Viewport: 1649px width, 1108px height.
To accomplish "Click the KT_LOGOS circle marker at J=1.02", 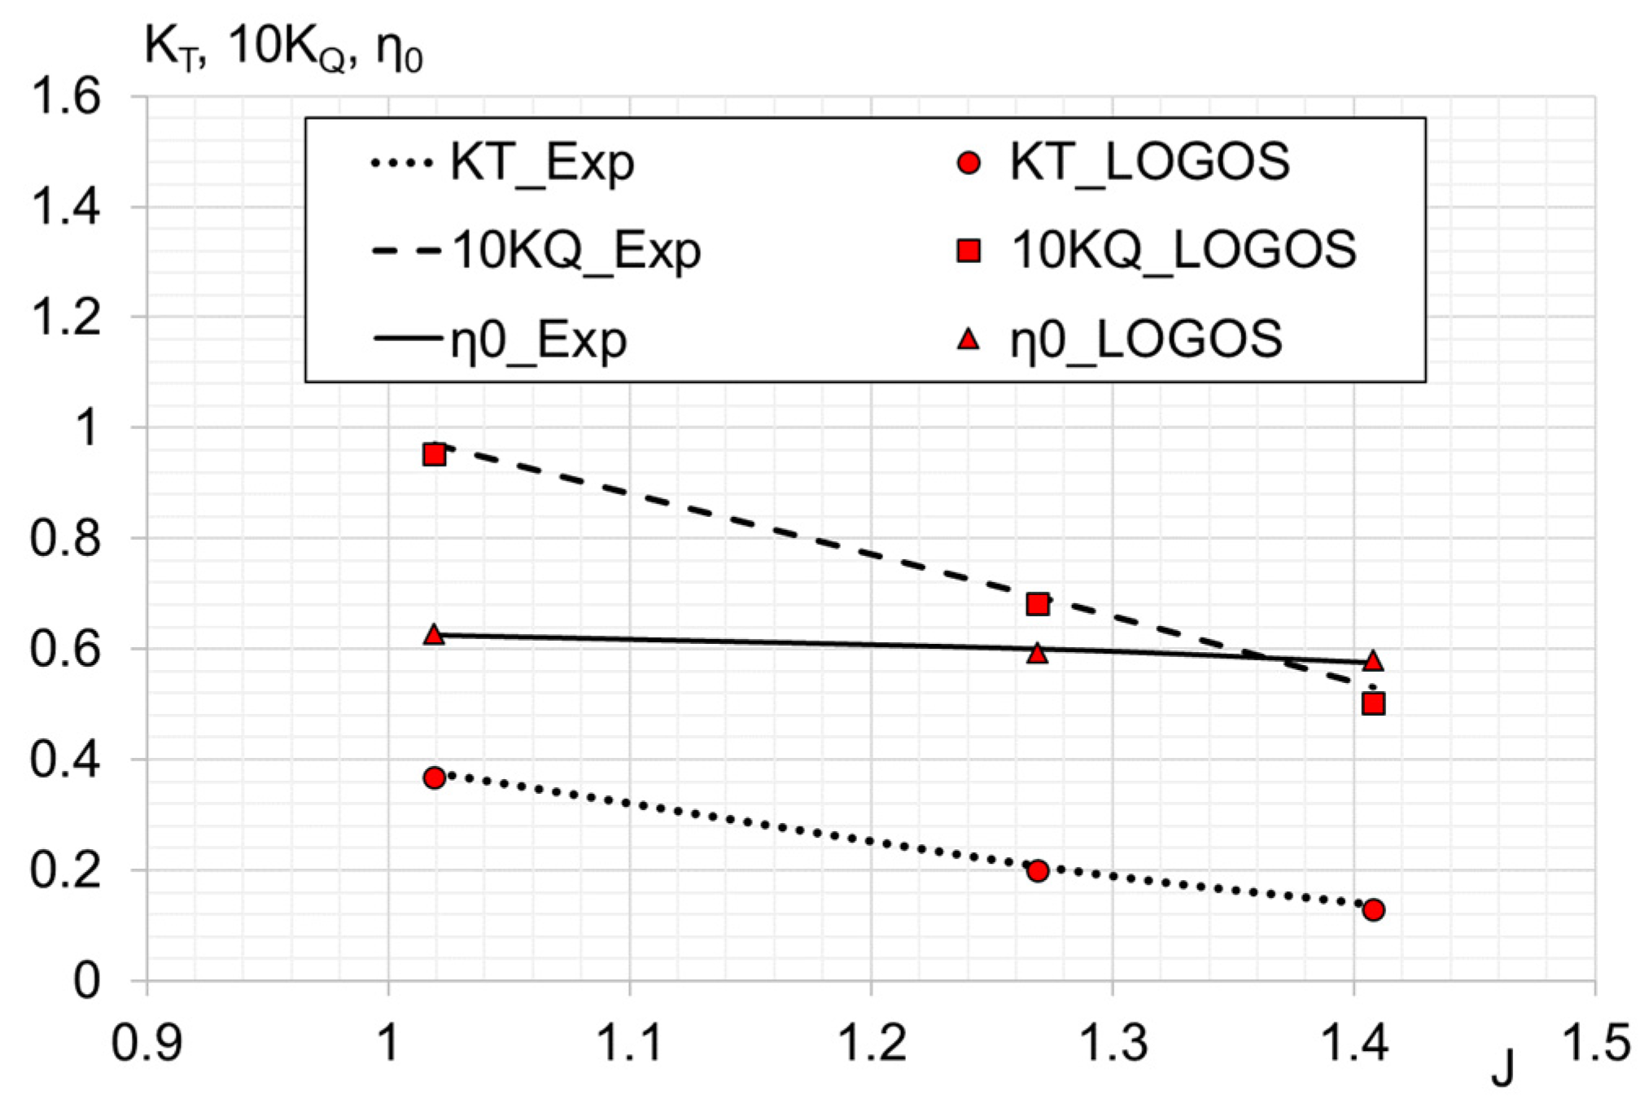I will (434, 777).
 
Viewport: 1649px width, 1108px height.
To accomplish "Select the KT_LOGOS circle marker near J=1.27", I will (1037, 870).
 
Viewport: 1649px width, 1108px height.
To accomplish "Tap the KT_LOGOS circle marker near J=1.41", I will (1373, 909).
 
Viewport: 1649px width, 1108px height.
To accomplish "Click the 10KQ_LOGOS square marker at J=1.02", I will (434, 454).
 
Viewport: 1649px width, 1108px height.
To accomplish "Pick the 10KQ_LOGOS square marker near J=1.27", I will (1037, 604).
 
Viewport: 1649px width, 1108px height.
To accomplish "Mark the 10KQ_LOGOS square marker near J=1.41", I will (1373, 703).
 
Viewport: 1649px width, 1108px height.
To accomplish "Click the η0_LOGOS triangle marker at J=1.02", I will (434, 635).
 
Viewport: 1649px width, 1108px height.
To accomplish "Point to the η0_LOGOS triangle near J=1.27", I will (1037, 653).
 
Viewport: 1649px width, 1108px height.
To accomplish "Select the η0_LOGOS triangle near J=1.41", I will (1373, 661).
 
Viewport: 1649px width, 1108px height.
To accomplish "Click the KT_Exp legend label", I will (542, 162).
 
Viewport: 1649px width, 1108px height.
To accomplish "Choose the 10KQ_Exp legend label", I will (576, 250).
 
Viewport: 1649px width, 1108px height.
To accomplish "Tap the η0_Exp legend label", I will (538, 339).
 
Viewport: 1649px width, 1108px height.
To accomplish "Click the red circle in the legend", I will (968, 163).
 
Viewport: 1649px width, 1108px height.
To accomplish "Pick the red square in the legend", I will (968, 250).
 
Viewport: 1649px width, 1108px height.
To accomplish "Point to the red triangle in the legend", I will (968, 339).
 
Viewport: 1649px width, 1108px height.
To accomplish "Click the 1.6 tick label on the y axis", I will (65, 96).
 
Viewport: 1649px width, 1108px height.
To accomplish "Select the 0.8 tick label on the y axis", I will (65, 538).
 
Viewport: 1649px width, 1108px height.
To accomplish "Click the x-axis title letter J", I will (1502, 1068).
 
